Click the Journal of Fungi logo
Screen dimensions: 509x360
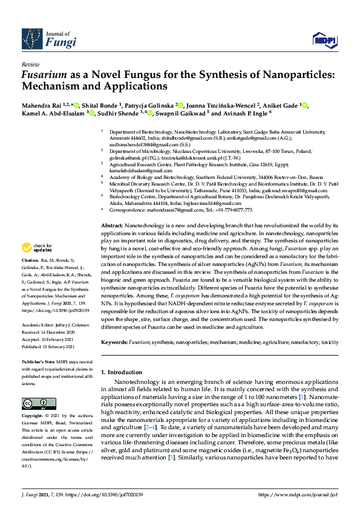click(x=49, y=39)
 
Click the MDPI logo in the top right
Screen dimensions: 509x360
click(x=324, y=40)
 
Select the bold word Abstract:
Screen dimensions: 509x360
click(x=113, y=224)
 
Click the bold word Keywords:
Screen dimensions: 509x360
click(x=114, y=342)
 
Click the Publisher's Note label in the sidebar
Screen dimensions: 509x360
click(x=39, y=360)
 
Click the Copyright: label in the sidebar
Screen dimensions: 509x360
click(x=33, y=417)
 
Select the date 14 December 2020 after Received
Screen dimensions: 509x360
click(x=58, y=331)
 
